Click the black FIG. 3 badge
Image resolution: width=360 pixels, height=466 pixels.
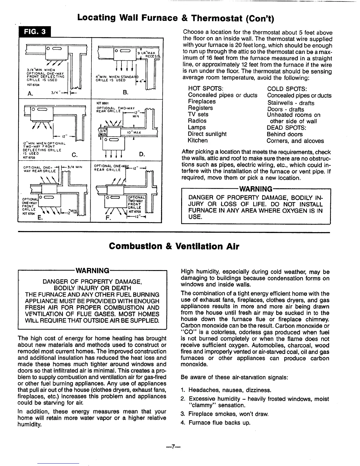click(x=35, y=32)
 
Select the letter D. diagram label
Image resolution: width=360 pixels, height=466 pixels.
click(x=141, y=154)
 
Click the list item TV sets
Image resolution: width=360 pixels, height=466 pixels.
click(x=198, y=114)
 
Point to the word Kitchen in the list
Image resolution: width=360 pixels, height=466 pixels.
click(x=198, y=140)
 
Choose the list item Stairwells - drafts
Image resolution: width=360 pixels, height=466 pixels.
click(x=291, y=103)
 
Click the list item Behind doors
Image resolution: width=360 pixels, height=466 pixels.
click(x=284, y=134)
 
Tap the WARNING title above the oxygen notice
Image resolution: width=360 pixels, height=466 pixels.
click(x=256, y=189)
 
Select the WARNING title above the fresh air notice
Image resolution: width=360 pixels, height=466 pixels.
click(x=93, y=270)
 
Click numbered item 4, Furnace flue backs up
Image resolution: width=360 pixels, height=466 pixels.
click(x=219, y=423)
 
